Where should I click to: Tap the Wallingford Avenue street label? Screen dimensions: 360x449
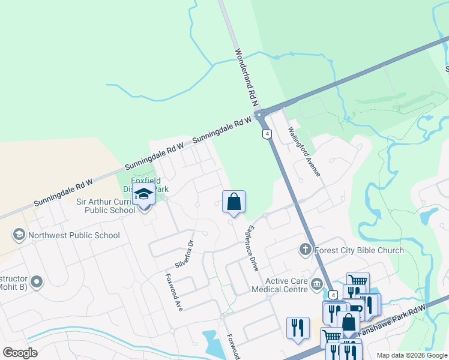(x=305, y=151)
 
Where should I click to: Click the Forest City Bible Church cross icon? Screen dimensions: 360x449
(x=305, y=249)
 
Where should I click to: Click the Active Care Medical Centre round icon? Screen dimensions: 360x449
(x=316, y=286)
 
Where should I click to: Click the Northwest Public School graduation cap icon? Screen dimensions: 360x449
(x=19, y=235)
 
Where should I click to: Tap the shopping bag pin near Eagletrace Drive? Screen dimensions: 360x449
(x=234, y=201)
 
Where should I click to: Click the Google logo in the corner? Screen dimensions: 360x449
(x=20, y=353)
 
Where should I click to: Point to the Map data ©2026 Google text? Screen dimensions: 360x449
(x=411, y=355)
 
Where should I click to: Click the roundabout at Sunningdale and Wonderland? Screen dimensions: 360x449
(x=259, y=114)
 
